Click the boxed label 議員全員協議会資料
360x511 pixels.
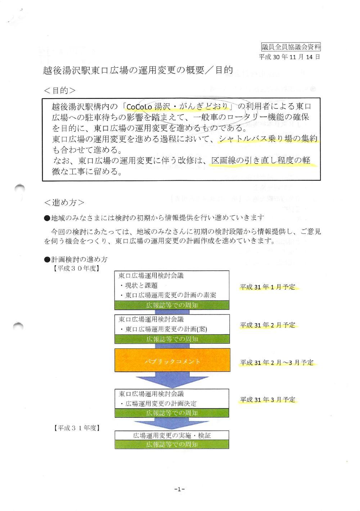[291, 47]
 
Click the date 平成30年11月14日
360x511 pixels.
[290, 57]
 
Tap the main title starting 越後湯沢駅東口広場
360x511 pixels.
[138, 70]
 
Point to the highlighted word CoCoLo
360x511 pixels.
[139, 107]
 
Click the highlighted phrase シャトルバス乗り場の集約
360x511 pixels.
[268, 139]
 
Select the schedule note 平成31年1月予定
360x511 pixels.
[267, 287]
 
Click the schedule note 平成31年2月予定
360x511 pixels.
[267, 325]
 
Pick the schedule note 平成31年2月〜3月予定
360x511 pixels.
[277, 363]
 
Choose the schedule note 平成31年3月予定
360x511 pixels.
[267, 400]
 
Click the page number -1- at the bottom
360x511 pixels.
[179, 489]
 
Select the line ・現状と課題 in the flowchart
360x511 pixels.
[139, 286]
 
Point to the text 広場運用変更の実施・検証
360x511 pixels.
[172, 435]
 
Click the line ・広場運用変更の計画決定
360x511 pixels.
[158, 403]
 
